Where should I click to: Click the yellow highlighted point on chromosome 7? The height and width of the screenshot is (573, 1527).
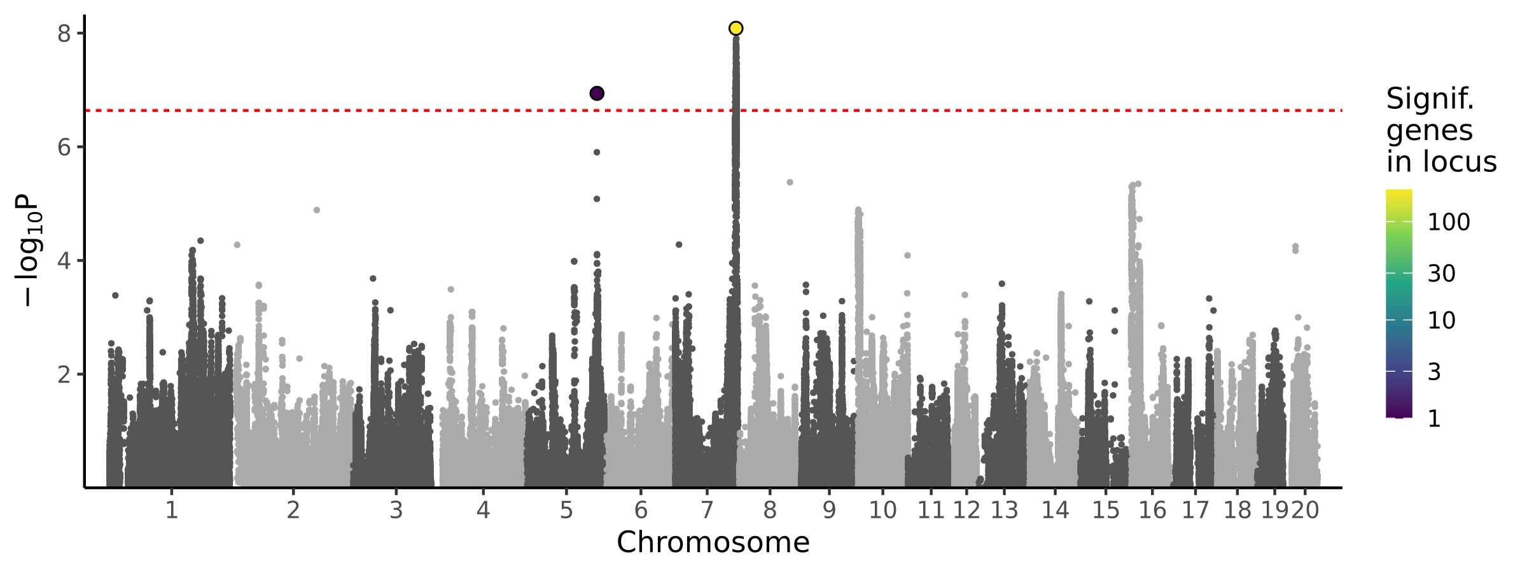pos(736,29)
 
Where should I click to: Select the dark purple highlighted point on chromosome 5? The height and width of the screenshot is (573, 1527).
pos(597,94)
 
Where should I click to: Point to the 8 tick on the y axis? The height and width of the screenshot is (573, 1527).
pos(64,34)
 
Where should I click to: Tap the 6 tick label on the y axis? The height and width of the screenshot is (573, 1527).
pos(64,148)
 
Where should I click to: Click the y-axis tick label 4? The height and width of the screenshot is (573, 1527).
pos(64,261)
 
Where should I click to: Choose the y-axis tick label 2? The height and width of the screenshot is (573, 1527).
pos(64,374)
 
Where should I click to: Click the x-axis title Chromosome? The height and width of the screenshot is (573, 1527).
pos(713,542)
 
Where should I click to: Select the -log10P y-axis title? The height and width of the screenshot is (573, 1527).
pos(29,250)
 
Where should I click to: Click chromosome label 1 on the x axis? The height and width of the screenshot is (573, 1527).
pos(171,511)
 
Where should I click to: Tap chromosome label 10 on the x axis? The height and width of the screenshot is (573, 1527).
pos(882,511)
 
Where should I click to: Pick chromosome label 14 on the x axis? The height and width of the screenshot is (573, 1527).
pos(1055,511)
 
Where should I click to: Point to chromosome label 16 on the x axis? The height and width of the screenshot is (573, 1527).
pos(1152,511)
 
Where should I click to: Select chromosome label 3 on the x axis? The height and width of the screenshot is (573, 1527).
pos(396,511)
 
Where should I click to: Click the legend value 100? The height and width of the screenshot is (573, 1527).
pos(1449,222)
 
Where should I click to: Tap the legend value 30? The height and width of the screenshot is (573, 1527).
pos(1441,274)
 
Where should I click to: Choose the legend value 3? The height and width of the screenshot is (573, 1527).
pos(1434,372)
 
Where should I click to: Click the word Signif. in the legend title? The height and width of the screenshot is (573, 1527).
pos(1430,99)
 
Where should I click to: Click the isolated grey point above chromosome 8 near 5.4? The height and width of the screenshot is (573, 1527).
pos(790,182)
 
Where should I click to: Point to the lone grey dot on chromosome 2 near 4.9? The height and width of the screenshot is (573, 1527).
pos(317,210)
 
